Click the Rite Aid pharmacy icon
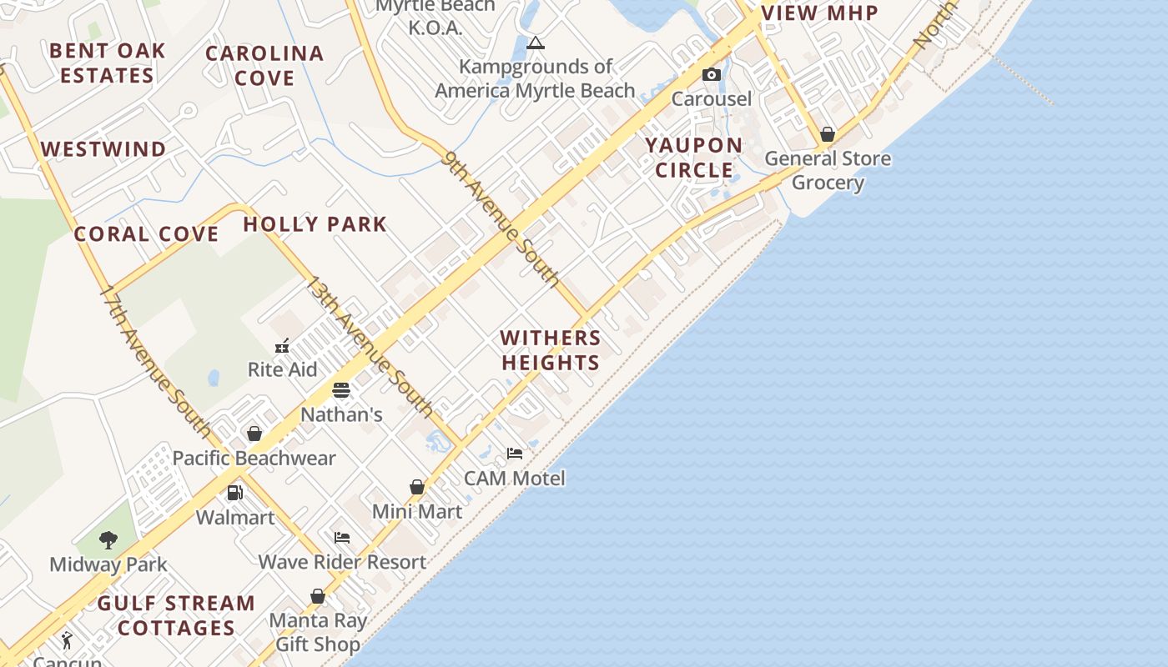click(282, 345)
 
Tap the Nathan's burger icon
click(340, 390)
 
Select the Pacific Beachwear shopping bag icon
click(254, 434)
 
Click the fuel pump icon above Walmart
click(235, 493)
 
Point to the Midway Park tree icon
click(108, 540)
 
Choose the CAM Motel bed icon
click(515, 454)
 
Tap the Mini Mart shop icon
click(417, 487)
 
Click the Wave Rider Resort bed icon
click(342, 538)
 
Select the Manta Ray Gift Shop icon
click(318, 596)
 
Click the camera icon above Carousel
click(711, 75)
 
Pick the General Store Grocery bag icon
click(828, 134)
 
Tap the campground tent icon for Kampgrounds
click(536, 43)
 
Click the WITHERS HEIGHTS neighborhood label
click(551, 350)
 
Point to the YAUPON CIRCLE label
click(693, 158)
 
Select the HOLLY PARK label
click(315, 224)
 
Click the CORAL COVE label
click(146, 234)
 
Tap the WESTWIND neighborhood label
click(103, 149)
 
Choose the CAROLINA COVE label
click(264, 66)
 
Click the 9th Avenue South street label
click(501, 218)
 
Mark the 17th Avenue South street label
click(156, 361)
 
